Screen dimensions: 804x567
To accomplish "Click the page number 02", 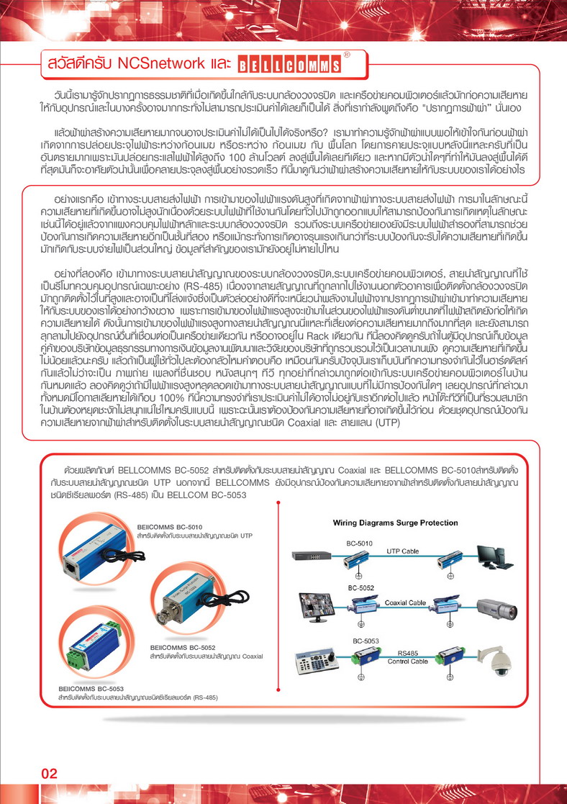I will [50, 774].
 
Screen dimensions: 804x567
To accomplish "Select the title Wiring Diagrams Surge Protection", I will [395, 523].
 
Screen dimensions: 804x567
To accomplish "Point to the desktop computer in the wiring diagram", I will [495, 559].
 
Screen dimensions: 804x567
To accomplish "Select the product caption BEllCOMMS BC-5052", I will [183, 648].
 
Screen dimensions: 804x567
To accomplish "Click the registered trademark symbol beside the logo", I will [346, 54].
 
